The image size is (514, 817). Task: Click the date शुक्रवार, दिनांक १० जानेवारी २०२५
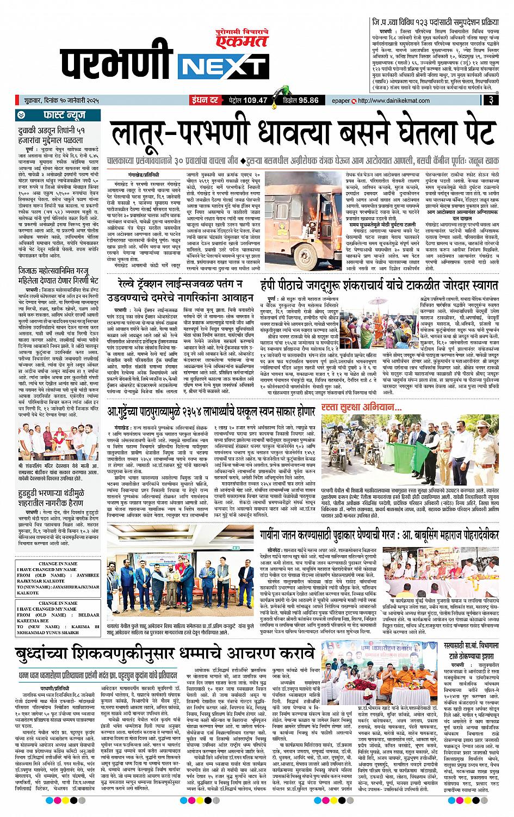60,100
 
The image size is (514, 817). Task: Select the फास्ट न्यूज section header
60,115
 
